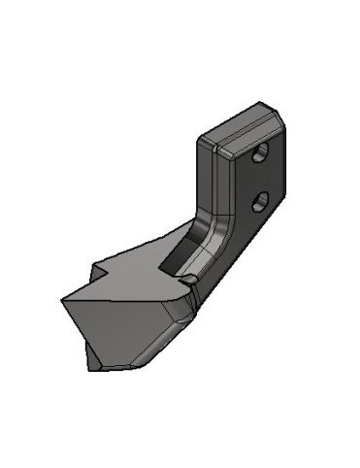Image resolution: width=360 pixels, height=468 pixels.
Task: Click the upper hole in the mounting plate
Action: (260, 153)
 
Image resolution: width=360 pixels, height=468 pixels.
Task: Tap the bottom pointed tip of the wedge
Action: (96, 368)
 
